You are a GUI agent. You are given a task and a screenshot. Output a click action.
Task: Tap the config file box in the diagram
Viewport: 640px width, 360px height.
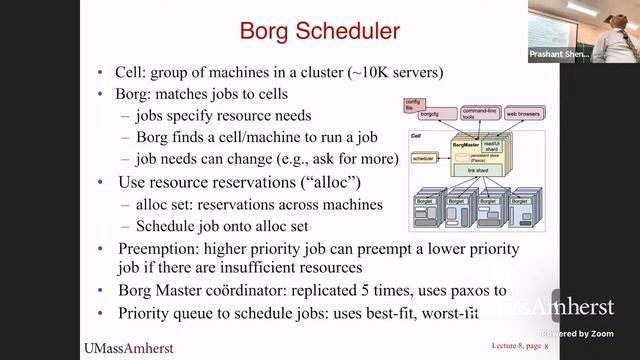pos(411,104)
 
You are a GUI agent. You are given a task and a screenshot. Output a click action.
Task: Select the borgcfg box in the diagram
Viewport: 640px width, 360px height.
pos(427,115)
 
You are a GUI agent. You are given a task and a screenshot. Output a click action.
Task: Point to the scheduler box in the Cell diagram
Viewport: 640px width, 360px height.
pos(424,158)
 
